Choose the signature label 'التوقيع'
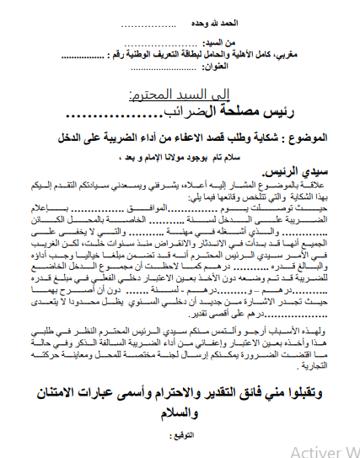pos(184,414)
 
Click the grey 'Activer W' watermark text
pos(324,451)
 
